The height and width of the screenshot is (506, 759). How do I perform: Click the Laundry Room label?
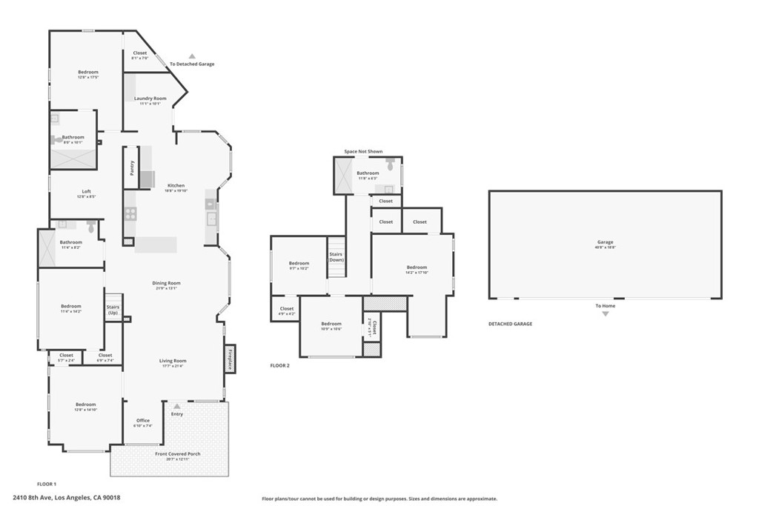[150, 99]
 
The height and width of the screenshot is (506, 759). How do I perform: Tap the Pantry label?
[132, 168]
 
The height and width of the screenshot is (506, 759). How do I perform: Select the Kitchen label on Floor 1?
[176, 185]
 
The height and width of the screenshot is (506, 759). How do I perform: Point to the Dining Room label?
[167, 283]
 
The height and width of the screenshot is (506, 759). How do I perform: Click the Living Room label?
[172, 361]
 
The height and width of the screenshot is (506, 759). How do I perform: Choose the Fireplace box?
[231, 359]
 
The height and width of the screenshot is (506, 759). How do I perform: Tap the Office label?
[142, 421]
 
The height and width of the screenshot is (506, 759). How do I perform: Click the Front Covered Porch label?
[178, 454]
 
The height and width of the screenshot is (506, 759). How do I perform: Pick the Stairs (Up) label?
[113, 309]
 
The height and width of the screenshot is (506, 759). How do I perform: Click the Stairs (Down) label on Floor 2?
[337, 256]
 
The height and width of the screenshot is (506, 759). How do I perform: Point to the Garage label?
[606, 242]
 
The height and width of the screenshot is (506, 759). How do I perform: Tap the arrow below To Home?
[605, 314]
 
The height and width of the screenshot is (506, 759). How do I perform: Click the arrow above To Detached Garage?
[192, 56]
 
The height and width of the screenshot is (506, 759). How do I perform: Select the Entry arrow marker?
[176, 405]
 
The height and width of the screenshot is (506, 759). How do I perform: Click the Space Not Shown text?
[363, 152]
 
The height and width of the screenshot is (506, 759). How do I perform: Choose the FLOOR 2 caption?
[279, 365]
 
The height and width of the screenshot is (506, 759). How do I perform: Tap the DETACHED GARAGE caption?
[510, 324]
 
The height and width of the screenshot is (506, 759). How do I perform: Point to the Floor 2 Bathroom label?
[368, 173]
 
